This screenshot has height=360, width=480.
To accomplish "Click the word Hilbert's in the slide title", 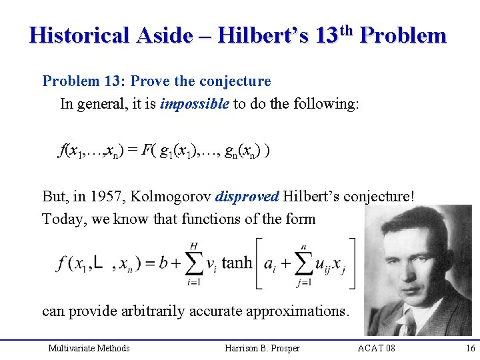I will [261, 35].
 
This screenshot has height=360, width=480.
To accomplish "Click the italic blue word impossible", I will [195, 104].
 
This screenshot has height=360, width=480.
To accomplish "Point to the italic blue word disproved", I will [247, 197].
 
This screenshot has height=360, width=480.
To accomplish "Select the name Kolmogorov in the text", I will [165, 197].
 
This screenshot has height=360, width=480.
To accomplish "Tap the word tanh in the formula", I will [237, 263].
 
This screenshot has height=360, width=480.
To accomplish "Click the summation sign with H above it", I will [193, 263].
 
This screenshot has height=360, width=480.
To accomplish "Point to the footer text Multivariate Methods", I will [89, 348].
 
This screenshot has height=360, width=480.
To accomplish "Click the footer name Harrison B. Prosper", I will [263, 348].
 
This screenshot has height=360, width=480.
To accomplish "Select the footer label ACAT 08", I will [376, 348].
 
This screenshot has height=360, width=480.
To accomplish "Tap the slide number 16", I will [471, 348].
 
